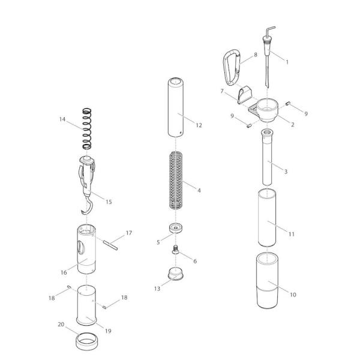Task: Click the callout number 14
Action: (x=62, y=119)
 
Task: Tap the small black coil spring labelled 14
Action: (x=87, y=128)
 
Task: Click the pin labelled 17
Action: (x=110, y=245)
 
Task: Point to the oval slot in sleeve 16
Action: (x=81, y=247)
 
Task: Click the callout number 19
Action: (x=108, y=331)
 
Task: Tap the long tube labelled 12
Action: (x=176, y=107)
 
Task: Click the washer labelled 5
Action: (x=176, y=228)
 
